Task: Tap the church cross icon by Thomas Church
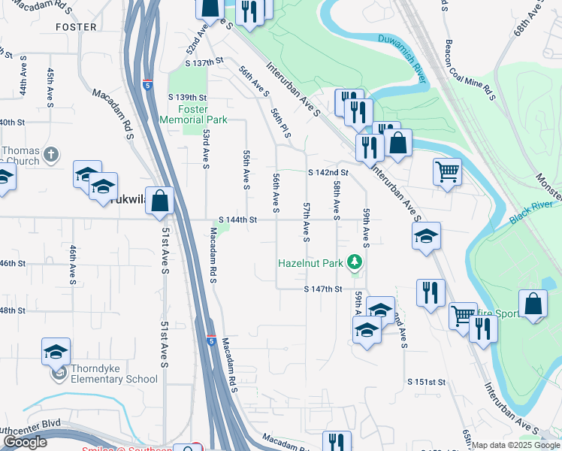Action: coord(51,155)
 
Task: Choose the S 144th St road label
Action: coord(238,220)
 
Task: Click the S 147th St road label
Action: coord(323,289)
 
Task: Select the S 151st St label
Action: coord(427,382)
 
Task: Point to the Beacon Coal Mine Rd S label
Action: coord(470,69)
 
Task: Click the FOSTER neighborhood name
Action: coord(76,27)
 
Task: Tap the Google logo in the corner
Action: coord(24,443)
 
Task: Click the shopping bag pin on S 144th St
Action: coord(159,201)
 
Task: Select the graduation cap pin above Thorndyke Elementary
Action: coord(56,351)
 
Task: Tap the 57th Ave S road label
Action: coord(306,222)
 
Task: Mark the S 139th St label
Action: coord(187,98)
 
